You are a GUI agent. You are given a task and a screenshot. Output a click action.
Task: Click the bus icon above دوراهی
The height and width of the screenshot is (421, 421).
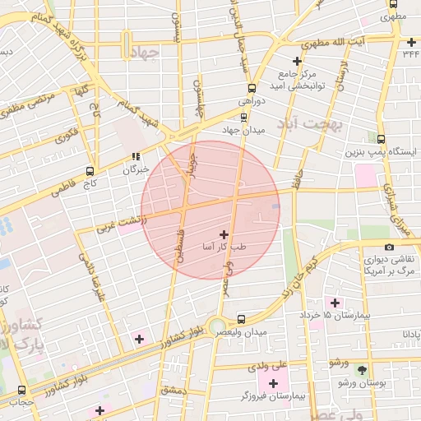tap(248, 88)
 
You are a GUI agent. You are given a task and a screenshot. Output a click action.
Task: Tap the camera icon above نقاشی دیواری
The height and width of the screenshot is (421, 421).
tap(388, 247)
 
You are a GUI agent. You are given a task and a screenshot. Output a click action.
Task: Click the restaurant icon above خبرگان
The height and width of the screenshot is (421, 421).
tap(136, 156)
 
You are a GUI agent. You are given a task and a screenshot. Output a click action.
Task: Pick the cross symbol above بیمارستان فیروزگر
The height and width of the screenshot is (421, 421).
tap(273, 382)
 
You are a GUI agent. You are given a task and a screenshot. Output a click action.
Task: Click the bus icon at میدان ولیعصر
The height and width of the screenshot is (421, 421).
tap(241, 319)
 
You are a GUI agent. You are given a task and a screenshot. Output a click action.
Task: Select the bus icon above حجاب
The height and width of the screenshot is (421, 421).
tap(22, 390)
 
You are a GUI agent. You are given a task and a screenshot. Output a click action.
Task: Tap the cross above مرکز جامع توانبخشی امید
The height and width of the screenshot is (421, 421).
tap(297, 61)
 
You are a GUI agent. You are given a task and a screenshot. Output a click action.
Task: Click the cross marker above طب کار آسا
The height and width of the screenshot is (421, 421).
tap(224, 234)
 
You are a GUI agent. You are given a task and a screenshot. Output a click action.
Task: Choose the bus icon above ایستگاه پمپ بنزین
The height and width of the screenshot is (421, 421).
tap(380, 139)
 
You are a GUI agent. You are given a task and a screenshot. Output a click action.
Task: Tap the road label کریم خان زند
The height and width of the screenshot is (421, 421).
tap(298, 276)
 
